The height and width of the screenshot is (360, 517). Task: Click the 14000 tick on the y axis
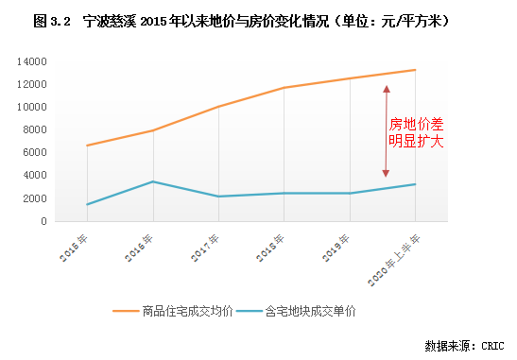(35, 61)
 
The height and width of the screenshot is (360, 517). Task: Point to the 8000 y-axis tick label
(38, 129)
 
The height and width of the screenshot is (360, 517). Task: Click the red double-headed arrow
(386, 130)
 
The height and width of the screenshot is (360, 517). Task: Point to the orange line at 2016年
(152, 130)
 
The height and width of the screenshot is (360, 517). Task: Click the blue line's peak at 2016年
(152, 181)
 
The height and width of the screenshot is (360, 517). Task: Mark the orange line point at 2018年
(284, 88)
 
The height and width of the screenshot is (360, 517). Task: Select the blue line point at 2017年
(218, 197)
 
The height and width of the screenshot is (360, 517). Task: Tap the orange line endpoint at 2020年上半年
(415, 70)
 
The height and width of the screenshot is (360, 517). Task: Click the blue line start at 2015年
(87, 204)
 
